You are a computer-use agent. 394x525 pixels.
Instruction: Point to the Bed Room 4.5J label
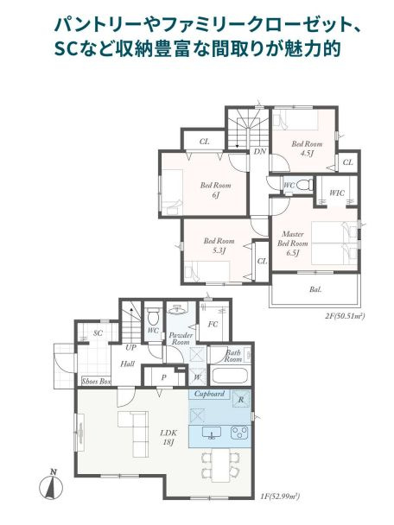click(x=306, y=149)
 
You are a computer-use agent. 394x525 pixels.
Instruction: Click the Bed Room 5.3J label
click(x=219, y=245)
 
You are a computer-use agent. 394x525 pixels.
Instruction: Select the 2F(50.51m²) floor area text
click(x=344, y=317)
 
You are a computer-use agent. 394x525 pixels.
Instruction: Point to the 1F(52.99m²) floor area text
click(x=280, y=497)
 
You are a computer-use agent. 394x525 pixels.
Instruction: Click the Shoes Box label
click(x=96, y=379)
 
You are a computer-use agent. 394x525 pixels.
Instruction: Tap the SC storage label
click(x=98, y=332)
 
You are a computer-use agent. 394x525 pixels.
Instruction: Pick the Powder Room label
click(x=180, y=338)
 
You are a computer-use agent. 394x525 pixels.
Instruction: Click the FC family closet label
click(x=213, y=326)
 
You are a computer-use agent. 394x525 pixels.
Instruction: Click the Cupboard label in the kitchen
click(x=210, y=394)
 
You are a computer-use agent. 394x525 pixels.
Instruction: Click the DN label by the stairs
click(x=259, y=151)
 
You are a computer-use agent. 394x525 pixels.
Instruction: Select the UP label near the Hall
click(x=130, y=346)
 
